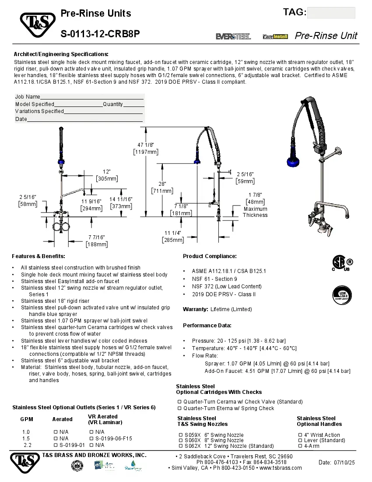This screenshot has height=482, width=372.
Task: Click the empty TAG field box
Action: click(331, 13)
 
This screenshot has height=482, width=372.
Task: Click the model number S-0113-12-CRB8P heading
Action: click(100, 34)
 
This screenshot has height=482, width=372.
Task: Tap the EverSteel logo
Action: click(233, 36)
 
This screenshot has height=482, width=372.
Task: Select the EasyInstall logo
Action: click(275, 36)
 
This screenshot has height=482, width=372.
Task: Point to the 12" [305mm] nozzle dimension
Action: click(107, 175)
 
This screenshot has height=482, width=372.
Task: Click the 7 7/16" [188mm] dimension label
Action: click(96, 241)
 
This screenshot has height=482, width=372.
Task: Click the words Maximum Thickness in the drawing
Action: click(255, 212)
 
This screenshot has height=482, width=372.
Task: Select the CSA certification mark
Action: click(342, 264)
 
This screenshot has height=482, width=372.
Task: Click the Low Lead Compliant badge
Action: click(343, 295)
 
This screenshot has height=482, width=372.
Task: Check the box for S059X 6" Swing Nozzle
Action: click(181, 435)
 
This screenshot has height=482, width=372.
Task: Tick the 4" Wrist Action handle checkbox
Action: click(300, 435)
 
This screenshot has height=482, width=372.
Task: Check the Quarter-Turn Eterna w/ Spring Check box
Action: click(179, 408)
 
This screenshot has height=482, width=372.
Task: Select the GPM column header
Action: click(26, 419)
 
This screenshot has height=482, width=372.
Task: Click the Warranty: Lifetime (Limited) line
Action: click(218, 309)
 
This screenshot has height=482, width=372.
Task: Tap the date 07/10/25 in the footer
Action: click(337, 462)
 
